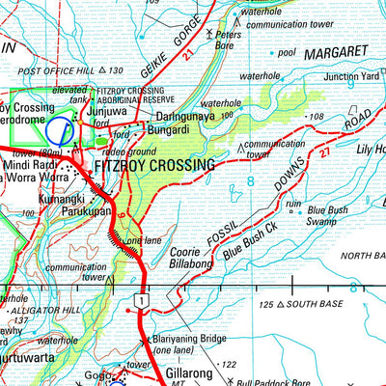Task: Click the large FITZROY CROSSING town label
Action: point(153,166)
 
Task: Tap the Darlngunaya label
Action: point(189,113)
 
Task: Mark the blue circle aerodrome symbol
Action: point(61,130)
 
